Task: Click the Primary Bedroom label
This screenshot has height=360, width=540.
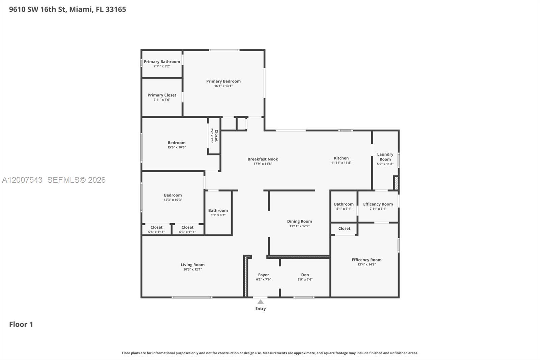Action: [223, 81]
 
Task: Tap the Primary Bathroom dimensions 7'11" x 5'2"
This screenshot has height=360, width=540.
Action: [162, 66]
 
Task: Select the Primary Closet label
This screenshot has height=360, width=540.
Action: [162, 95]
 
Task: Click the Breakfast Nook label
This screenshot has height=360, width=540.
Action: [263, 159]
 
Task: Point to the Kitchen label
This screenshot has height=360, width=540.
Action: [341, 158]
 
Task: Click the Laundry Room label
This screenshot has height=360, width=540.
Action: [385, 157]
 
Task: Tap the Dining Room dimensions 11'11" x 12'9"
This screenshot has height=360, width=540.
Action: [299, 226]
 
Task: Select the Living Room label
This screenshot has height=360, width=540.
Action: [192, 265]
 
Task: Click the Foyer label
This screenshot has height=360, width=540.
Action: [263, 275]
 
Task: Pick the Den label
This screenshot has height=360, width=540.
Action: [305, 275]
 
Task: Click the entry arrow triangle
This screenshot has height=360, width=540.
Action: [261, 302]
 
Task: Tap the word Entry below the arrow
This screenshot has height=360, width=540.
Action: [261, 309]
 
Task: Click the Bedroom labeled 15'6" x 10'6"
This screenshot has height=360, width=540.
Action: [177, 143]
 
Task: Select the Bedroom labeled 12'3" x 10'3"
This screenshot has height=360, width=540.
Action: [173, 195]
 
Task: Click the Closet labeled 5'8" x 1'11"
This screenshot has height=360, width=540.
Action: [156, 228]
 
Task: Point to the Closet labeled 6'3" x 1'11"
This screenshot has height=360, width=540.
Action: [187, 228]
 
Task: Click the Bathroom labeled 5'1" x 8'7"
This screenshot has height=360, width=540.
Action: [218, 211]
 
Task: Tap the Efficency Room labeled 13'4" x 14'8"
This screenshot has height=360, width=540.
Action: [367, 260]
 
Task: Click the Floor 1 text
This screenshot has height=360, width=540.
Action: [21, 324]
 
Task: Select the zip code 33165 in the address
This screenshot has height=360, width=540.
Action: [116, 9]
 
